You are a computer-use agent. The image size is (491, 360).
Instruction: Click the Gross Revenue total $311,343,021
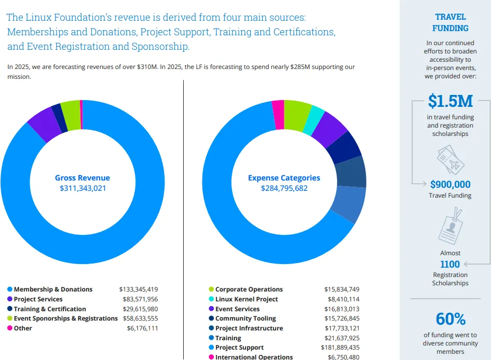pyautogui.click(x=83, y=188)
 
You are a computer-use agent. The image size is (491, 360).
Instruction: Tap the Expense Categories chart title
pyautogui.click(x=284, y=178)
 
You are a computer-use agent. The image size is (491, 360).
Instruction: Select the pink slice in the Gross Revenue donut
pyautogui.click(x=81, y=115)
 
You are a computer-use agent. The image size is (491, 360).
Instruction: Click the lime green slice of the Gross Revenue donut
pyautogui.click(x=71, y=115)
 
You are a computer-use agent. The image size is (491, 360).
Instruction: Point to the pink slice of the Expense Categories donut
pyautogui.click(x=279, y=115)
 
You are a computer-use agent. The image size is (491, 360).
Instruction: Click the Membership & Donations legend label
pyautogui.click(x=53, y=289)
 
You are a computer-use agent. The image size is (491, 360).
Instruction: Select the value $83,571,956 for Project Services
pyautogui.click(x=140, y=299)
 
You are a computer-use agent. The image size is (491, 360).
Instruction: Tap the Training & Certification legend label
pyautogui.click(x=50, y=309)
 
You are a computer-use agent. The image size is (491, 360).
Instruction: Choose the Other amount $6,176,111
pyautogui.click(x=143, y=328)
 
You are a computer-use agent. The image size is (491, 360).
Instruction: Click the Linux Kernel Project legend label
pyautogui.click(x=247, y=299)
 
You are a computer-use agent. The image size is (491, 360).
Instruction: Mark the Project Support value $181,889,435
pyautogui.click(x=340, y=348)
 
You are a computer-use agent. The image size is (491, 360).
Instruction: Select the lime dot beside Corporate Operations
pyautogui.click(x=211, y=289)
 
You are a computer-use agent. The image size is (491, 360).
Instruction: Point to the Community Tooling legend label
pyautogui.click(x=245, y=319)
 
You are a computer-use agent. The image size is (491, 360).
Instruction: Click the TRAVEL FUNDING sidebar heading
pyautogui.click(x=451, y=22)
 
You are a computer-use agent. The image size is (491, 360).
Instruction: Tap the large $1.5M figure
pyautogui.click(x=451, y=101)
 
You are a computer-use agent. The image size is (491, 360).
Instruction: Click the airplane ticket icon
pyautogui.click(x=451, y=159)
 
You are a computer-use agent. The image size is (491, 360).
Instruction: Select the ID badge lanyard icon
pyautogui.click(x=451, y=226)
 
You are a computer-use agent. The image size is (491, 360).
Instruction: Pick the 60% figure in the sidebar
pyautogui.click(x=451, y=319)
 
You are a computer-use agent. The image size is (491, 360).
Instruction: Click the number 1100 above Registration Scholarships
pyautogui.click(x=450, y=264)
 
